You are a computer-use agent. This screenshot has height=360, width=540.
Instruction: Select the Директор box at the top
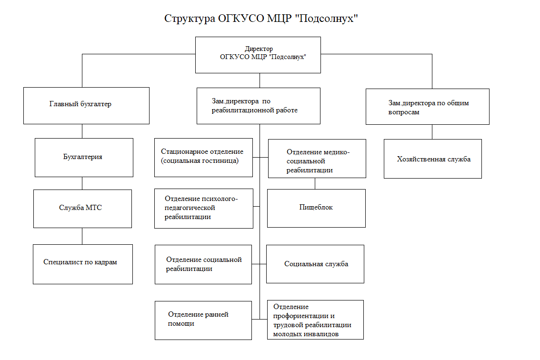[258, 55]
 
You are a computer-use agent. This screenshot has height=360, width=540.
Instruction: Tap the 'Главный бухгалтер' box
[86, 105]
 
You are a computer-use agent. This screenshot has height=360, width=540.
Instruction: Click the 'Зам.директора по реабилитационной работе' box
[258, 106]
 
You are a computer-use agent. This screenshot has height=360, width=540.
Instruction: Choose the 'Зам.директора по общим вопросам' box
[427, 107]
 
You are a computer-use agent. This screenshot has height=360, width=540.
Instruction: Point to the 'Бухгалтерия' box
[83, 157]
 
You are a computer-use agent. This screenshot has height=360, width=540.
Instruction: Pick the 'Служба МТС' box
[82, 209]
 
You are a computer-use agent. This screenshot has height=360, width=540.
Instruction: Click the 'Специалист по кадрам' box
[82, 264]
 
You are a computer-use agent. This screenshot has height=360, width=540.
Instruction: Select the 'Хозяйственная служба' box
[432, 159]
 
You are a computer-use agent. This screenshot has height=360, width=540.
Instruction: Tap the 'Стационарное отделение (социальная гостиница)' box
[203, 157]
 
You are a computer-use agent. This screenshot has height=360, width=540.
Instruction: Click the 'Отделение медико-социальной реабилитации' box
[317, 159]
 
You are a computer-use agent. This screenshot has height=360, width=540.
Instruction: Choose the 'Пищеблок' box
[316, 208]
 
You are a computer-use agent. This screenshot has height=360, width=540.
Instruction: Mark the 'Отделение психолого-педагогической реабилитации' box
[203, 208]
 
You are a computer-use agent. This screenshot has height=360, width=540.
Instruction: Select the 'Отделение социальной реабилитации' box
[203, 264]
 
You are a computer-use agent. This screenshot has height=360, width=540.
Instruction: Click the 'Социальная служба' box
[315, 264]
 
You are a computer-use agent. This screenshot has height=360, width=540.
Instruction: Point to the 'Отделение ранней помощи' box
[203, 320]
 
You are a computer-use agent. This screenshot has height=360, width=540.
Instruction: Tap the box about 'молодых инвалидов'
[315, 320]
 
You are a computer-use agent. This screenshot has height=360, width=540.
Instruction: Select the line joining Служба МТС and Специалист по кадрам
[82, 236]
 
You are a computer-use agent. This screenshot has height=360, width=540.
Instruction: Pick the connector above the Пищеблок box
[315, 183]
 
